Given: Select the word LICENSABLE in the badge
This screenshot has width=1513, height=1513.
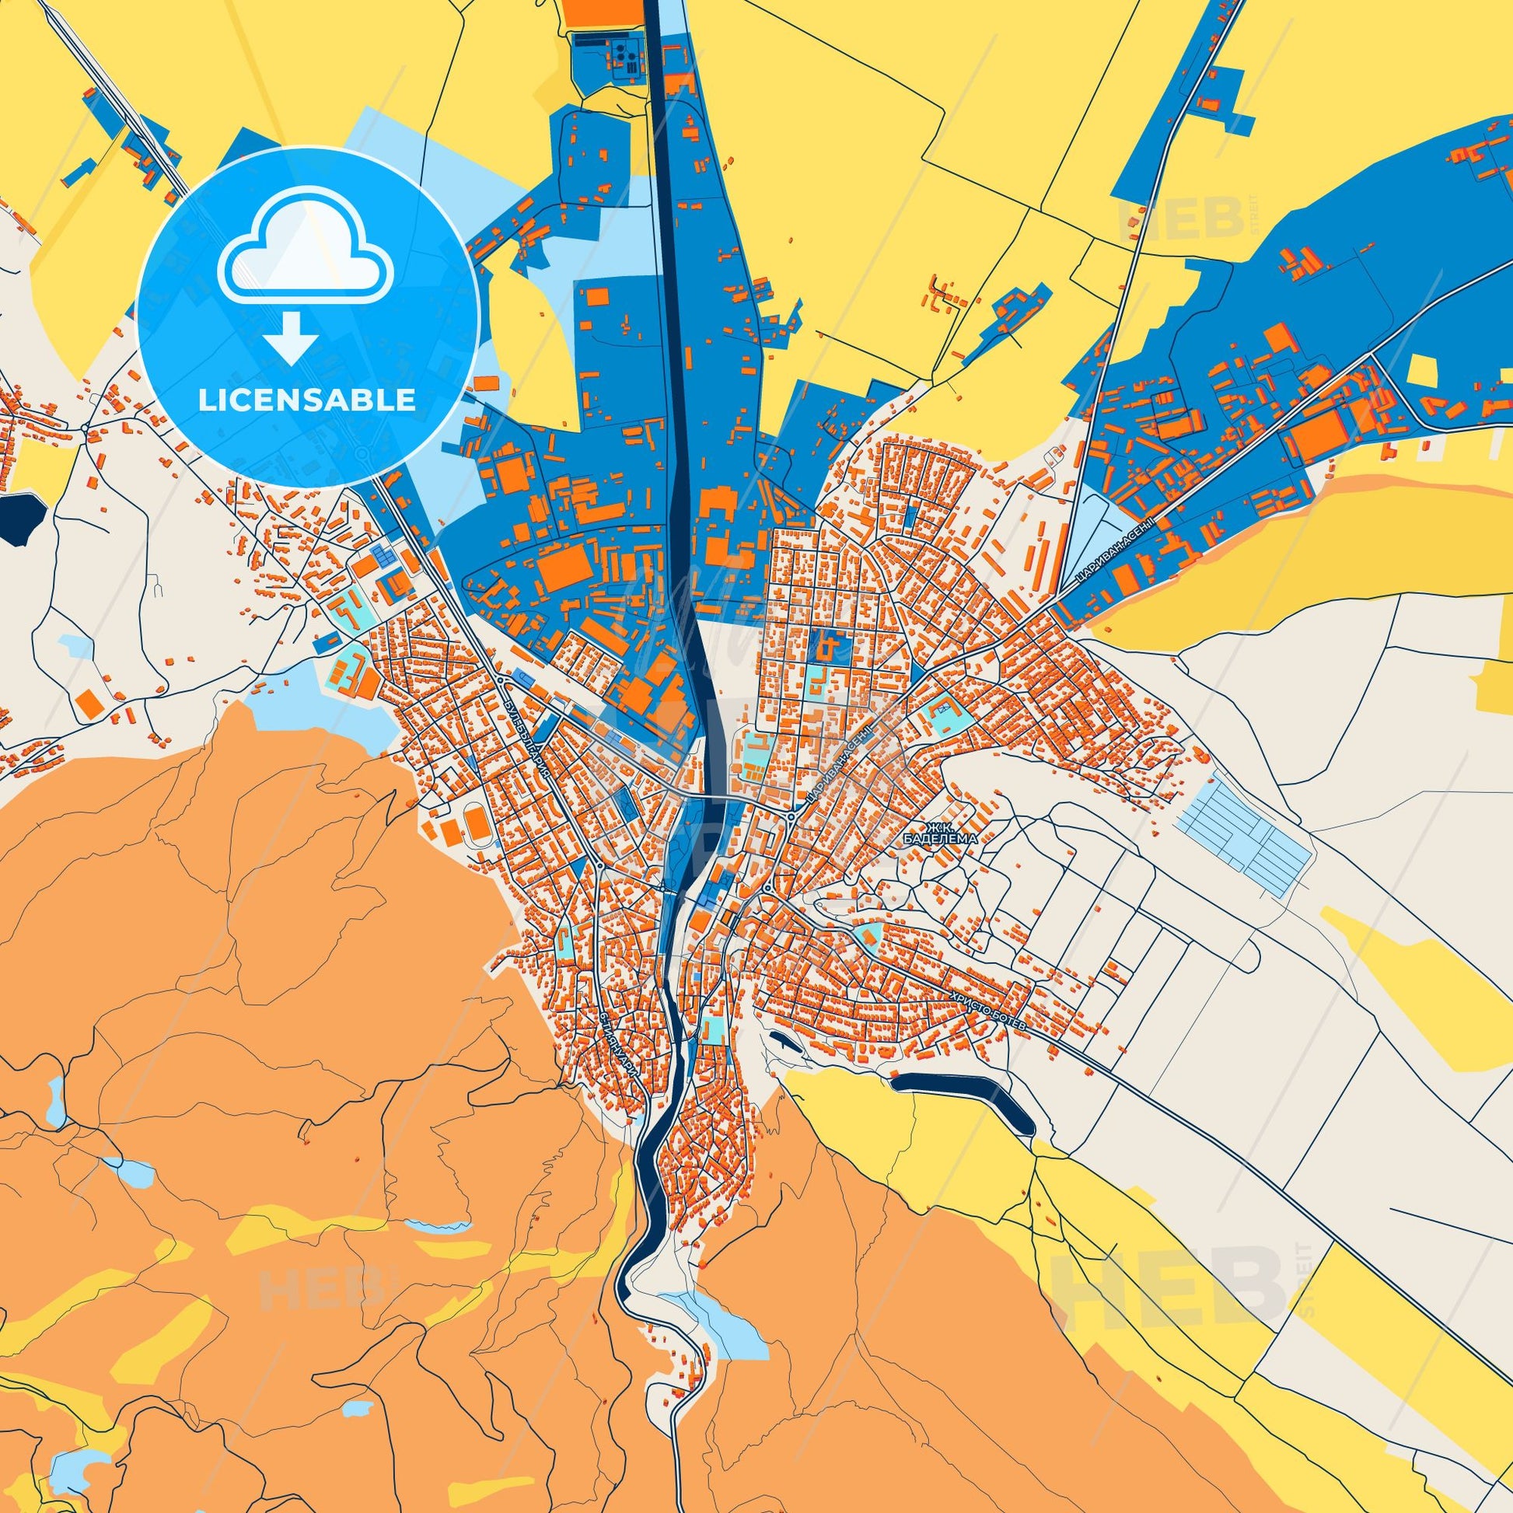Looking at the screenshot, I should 307,400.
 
